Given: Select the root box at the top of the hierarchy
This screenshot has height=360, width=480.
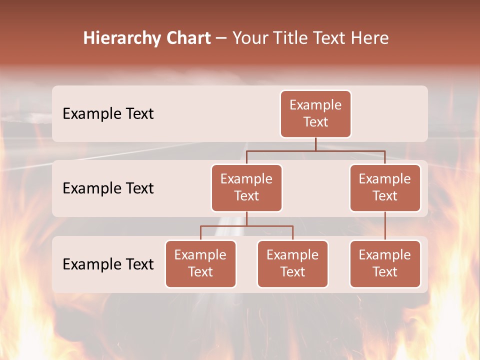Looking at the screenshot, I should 315,114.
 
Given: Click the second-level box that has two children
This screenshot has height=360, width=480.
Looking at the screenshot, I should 246,188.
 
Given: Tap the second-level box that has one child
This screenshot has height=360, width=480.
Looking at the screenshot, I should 385,188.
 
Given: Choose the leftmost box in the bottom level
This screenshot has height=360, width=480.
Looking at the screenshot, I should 200,264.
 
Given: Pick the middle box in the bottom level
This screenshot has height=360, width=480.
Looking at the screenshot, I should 292,264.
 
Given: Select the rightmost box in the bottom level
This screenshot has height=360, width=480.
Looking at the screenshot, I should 385,264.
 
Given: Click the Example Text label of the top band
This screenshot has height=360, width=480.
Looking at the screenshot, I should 108,114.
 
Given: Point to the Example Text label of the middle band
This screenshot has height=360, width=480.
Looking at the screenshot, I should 108,188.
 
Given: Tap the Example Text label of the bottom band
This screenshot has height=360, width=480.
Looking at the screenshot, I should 108,264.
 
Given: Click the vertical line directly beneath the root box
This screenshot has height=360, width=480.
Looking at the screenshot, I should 315,144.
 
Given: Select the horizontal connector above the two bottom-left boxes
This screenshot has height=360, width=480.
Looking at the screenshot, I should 246,226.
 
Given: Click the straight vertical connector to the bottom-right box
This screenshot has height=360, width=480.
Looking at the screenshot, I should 385,226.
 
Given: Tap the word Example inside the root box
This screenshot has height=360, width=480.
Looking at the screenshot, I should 315,105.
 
